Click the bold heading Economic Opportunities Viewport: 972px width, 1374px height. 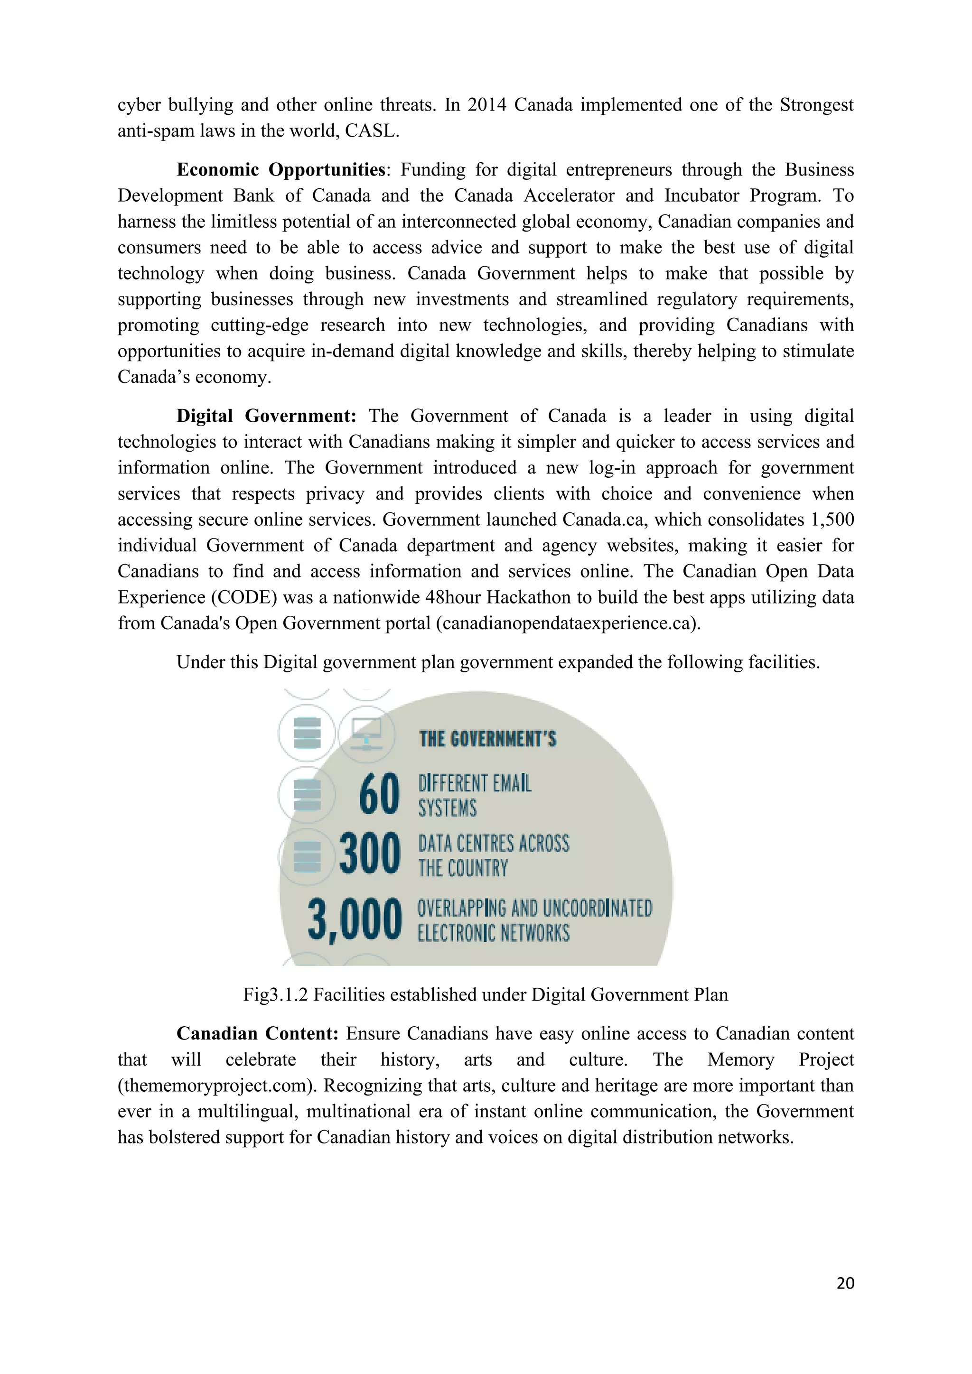coord(280,170)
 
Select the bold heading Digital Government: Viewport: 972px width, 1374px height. coord(266,416)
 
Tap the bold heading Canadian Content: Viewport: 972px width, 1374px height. coord(257,1033)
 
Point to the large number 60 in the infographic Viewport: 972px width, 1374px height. coord(379,794)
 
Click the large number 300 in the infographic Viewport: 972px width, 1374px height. coord(369,854)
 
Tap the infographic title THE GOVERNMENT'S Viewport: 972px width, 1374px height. coord(487,740)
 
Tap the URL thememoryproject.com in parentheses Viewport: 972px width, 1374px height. coord(217,1086)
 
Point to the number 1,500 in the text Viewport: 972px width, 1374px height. coord(832,520)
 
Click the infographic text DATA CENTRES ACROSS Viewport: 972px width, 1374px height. coord(494,844)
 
